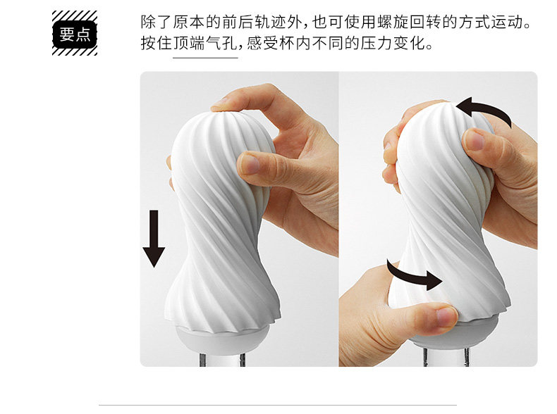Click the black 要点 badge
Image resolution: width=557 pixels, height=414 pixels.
pyautogui.click(x=75, y=34)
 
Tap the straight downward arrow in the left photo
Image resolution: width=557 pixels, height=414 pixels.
pyautogui.click(x=154, y=238)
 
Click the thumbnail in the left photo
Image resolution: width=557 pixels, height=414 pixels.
pyautogui.click(x=250, y=164)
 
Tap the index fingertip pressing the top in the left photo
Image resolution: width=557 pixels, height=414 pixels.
pyautogui.click(x=220, y=105)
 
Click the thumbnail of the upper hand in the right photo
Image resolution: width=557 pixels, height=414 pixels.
pyautogui.click(x=474, y=140)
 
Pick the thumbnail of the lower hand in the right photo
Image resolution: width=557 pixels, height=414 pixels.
pyautogui.click(x=446, y=316)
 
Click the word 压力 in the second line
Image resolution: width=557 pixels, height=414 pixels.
pyautogui.click(x=377, y=43)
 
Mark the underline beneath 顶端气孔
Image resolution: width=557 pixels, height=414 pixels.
pyautogui.click(x=205, y=58)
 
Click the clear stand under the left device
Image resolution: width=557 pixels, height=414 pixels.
pyautogui.click(x=221, y=359)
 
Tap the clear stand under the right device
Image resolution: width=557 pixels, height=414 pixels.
pyautogui.click(x=446, y=357)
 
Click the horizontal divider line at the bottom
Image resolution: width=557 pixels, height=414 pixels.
pyautogui.click(x=278, y=405)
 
